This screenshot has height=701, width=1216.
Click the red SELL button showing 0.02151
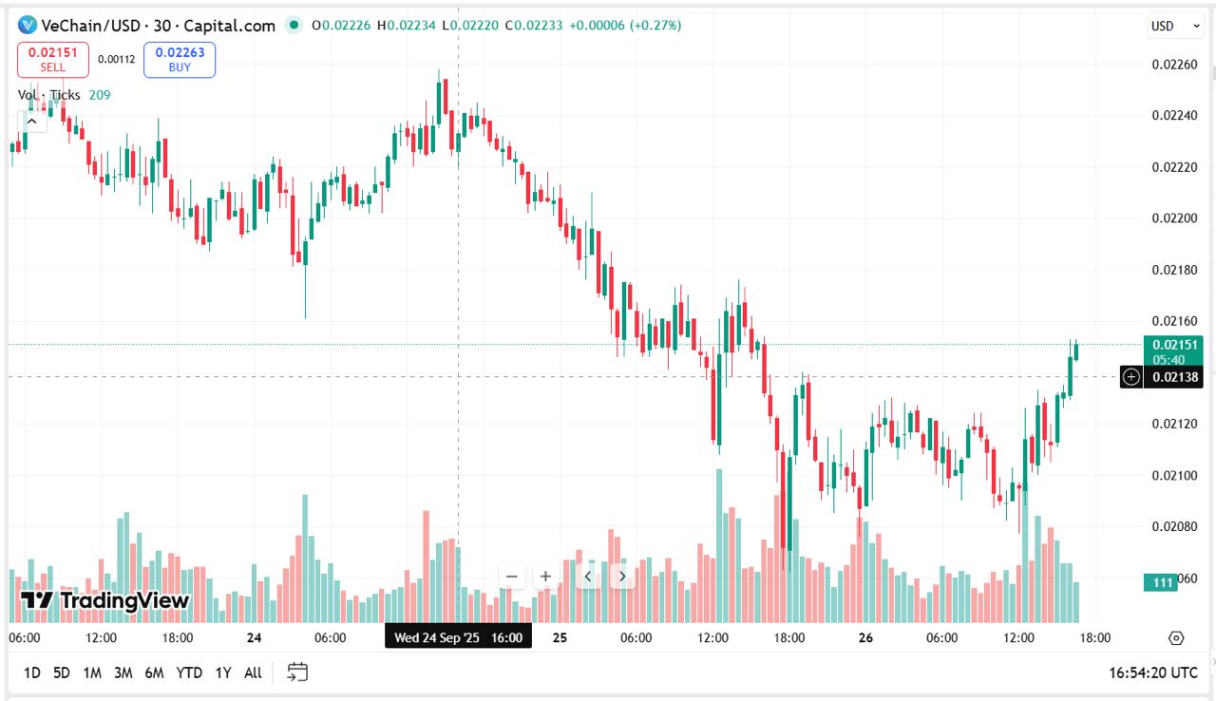click(53, 60)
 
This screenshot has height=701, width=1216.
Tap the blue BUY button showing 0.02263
click(180, 60)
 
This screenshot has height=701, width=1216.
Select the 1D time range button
click(32, 673)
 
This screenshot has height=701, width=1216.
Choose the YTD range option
click(189, 673)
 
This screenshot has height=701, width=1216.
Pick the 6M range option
click(154, 673)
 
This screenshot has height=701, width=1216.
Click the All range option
click(253, 673)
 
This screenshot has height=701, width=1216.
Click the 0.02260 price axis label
click(1175, 65)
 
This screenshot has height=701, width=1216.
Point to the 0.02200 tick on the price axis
click(1175, 218)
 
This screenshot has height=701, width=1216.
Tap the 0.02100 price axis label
click(1175, 475)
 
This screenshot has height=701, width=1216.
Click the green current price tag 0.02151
click(1173, 351)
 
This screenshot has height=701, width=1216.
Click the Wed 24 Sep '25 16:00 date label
click(458, 637)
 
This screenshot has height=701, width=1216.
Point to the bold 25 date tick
click(560, 637)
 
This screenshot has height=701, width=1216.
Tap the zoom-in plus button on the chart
click(545, 577)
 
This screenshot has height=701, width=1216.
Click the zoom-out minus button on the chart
click(511, 577)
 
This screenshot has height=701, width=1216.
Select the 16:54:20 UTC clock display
click(1153, 673)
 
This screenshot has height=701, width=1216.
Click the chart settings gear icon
click(1176, 638)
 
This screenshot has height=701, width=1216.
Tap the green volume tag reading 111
click(1161, 582)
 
